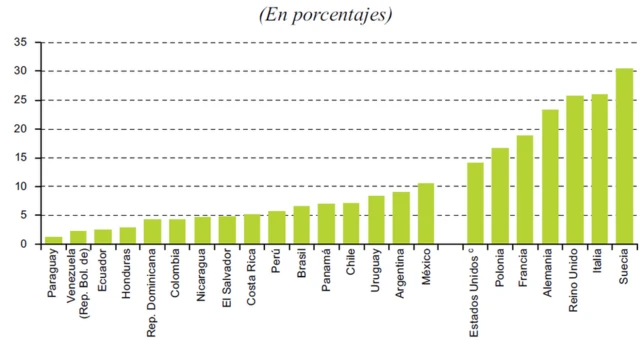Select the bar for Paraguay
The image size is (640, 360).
click(53, 240)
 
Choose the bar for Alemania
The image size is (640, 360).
click(550, 176)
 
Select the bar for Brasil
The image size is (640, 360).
click(301, 225)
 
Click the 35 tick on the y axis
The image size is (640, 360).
click(21, 42)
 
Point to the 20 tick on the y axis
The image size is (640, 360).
click(21, 129)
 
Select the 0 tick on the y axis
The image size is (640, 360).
click(25, 244)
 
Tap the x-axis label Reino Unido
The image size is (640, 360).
click(575, 284)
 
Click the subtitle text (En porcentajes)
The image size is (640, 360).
click(325, 14)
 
